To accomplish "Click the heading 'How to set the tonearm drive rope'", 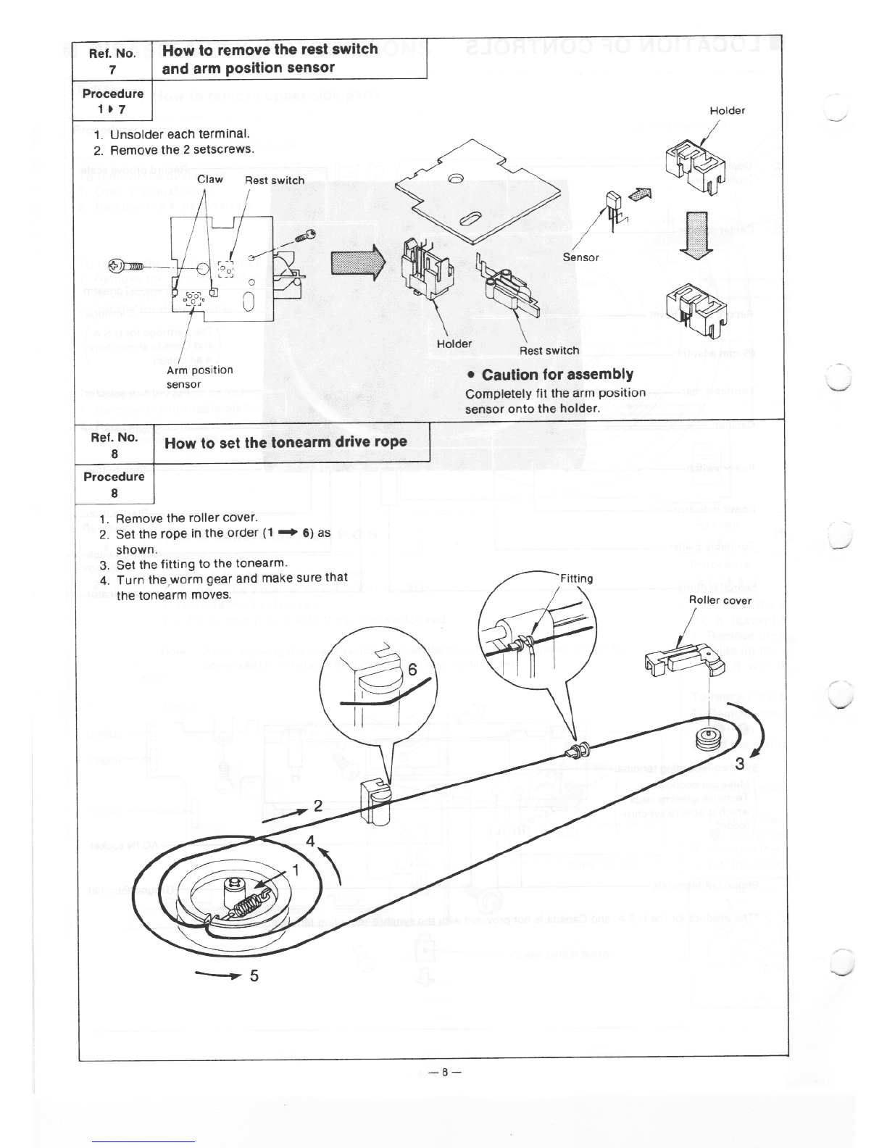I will pyautogui.click(x=286, y=442).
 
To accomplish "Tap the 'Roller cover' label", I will pyautogui.click(x=720, y=600).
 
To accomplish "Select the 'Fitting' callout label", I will pyautogui.click(x=576, y=578).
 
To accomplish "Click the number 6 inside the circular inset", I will pyautogui.click(x=412, y=670).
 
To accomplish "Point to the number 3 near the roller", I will pyautogui.click(x=739, y=763).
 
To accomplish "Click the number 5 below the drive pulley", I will pyautogui.click(x=254, y=976).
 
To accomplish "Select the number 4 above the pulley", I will pyautogui.click(x=310, y=841).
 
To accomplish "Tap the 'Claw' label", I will pyautogui.click(x=210, y=179).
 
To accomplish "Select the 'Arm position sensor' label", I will pyautogui.click(x=199, y=377).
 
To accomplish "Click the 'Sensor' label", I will pyautogui.click(x=580, y=257).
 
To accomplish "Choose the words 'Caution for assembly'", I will pyautogui.click(x=557, y=375).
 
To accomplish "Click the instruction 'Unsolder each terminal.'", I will pyautogui.click(x=179, y=134).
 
